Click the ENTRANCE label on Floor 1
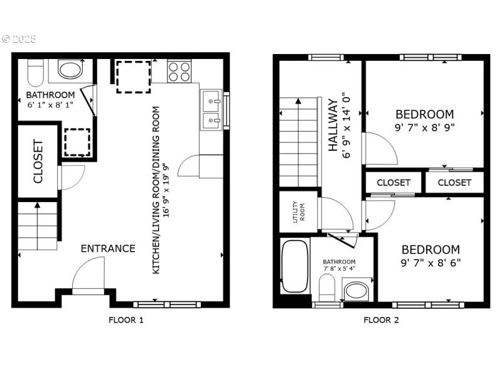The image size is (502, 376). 108,249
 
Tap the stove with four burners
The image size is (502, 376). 179,72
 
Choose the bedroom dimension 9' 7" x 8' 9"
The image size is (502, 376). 424,127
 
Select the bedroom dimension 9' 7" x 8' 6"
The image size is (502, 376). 430,262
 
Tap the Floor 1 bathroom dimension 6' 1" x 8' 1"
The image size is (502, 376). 50,105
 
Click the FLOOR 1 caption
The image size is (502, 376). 126,320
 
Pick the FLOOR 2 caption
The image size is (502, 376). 381,320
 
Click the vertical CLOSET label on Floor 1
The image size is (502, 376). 37,161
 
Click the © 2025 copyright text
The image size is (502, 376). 19,39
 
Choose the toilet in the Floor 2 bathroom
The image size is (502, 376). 327,289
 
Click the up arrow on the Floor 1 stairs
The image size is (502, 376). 38,205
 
